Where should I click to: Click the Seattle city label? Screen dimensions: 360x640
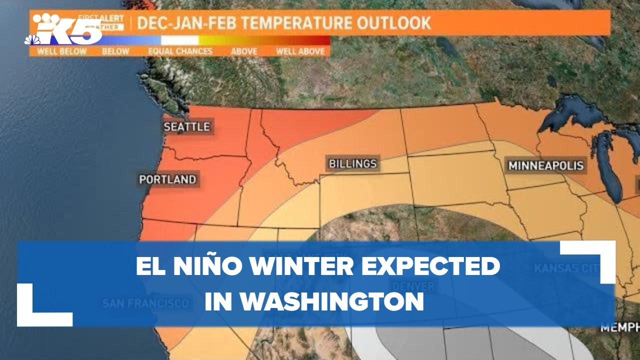click(x=186, y=127)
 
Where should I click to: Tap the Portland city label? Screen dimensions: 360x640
click(x=167, y=179)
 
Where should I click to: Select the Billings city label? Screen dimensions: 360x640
click(x=352, y=164)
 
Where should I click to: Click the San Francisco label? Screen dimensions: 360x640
click(x=145, y=303)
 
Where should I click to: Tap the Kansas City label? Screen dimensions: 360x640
click(x=566, y=268)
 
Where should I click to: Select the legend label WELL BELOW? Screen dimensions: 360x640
click(x=61, y=51)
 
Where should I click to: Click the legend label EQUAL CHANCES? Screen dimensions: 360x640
click(x=180, y=51)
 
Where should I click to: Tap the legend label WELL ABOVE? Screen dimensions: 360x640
click(x=300, y=51)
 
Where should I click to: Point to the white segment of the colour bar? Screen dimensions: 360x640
click(x=180, y=40)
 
